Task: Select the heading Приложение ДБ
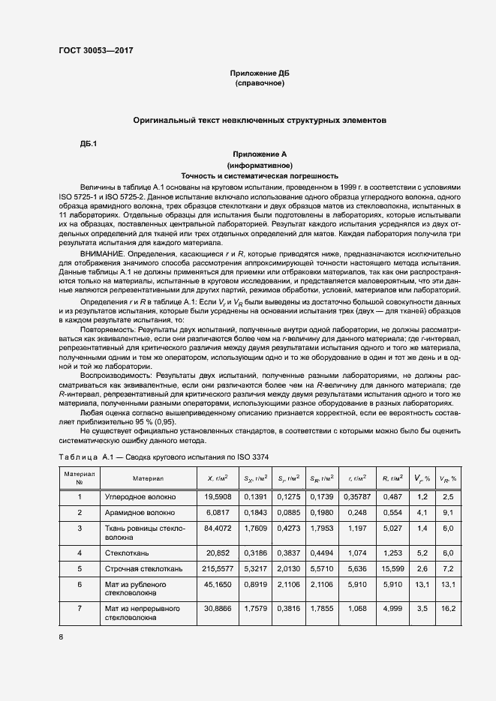[x=260, y=73]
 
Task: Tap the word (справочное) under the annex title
[x=260, y=83]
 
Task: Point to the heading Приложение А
[x=260, y=154]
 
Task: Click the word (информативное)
[x=260, y=164]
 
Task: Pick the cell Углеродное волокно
[x=140, y=496]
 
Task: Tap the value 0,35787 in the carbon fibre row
[x=356, y=496]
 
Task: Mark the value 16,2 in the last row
[x=449, y=609]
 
